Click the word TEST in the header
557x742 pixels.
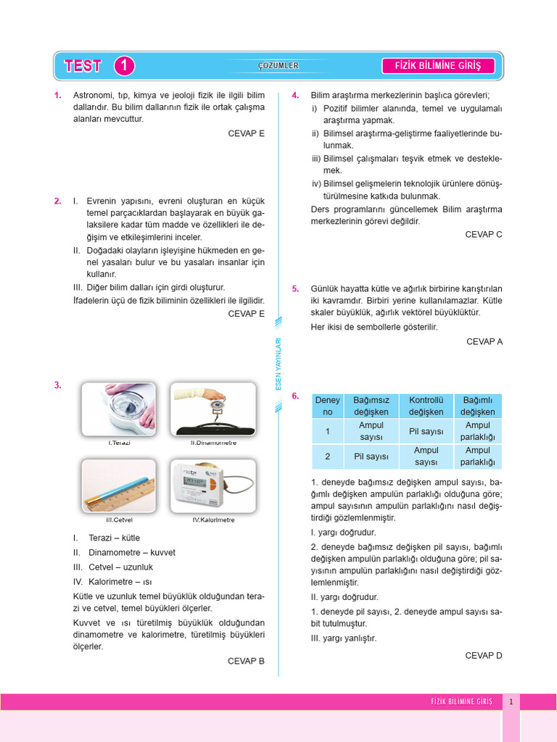coord(83,66)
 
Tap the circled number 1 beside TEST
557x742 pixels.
coord(124,66)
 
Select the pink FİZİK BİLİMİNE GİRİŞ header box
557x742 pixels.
coord(438,66)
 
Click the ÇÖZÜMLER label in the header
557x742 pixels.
coord(278,66)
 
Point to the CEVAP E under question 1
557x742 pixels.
coord(247,133)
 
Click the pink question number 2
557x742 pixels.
coord(57,201)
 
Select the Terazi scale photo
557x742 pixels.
coord(118,409)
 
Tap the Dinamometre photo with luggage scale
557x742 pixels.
coord(213,409)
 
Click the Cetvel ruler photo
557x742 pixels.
coord(118,485)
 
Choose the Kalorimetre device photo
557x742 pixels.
coord(213,485)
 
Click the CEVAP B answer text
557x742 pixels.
coord(247,661)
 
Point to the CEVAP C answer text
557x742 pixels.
coord(484,234)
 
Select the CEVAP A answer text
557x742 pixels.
coord(484,341)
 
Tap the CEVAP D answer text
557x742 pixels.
coord(484,655)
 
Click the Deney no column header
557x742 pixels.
coord(327,406)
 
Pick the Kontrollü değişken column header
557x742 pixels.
coord(426,406)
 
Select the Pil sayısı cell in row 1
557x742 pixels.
coord(426,431)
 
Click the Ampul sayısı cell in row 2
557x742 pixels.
coord(426,457)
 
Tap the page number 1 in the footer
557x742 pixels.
coord(511,701)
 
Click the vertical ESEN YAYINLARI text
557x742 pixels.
coord(278,365)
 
